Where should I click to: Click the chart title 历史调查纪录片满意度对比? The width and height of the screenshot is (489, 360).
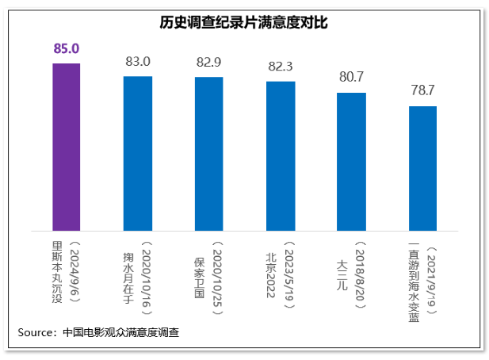[x=244, y=23]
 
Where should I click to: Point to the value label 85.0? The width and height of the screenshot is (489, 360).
[x=67, y=49]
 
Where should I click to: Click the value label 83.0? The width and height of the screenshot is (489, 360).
[x=138, y=61]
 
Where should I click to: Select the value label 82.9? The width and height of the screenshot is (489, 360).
[x=209, y=62]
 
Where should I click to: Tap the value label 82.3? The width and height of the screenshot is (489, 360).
[x=281, y=66]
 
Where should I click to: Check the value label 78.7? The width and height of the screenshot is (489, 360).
[x=423, y=90]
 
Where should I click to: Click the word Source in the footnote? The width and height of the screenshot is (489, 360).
[x=36, y=332]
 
